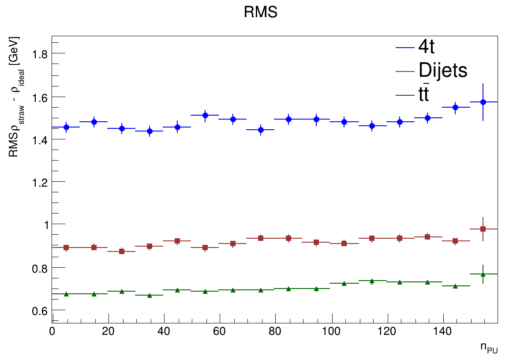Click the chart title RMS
(x=260, y=12)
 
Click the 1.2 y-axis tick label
(x=42, y=182)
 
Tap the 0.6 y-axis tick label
(x=42, y=311)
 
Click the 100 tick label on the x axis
(x=331, y=331)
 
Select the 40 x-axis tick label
(x=164, y=331)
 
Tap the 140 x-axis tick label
(x=443, y=331)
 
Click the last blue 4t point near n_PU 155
(x=483, y=102)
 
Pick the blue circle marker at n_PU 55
(x=205, y=115)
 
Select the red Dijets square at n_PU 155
(x=483, y=229)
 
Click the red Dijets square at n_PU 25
(x=122, y=251)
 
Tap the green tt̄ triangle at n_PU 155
(x=483, y=274)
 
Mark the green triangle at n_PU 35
(x=150, y=295)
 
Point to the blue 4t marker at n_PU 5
(x=66, y=127)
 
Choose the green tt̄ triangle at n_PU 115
(x=372, y=281)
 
